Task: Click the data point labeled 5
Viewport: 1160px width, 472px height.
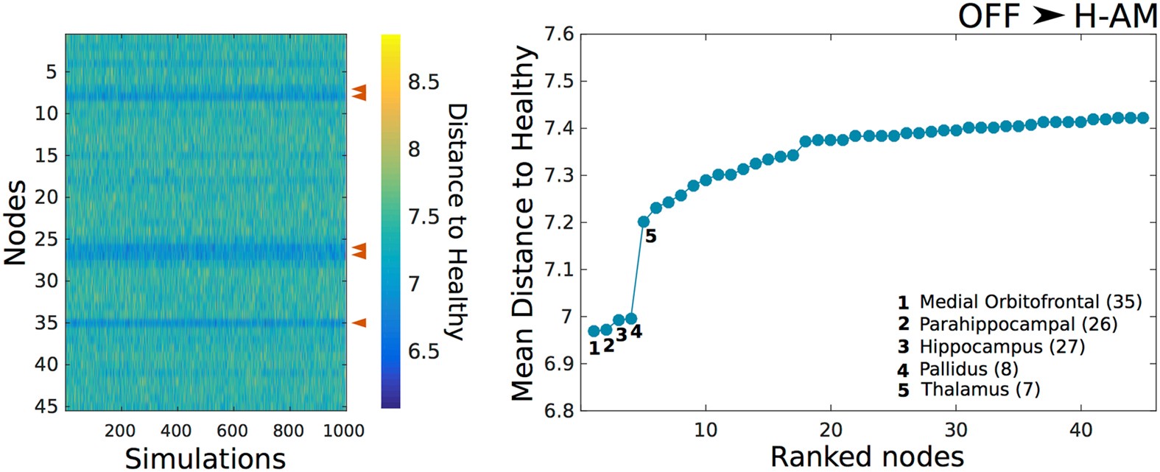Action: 643,222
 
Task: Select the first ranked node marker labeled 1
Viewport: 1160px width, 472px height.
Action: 594,331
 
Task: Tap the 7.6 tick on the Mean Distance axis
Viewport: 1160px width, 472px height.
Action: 558,35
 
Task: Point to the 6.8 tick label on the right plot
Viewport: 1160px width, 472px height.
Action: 558,411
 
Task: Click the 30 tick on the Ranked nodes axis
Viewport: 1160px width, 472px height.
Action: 956,429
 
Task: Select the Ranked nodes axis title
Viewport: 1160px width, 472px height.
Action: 867,457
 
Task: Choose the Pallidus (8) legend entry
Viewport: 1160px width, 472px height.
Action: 969,368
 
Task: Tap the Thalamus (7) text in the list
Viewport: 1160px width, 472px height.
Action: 980,390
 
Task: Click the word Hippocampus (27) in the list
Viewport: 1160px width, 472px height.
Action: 1002,346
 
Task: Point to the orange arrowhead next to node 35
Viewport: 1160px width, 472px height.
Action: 359,323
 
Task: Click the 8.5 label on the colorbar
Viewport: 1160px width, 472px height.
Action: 423,82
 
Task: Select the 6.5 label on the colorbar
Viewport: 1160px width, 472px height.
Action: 423,351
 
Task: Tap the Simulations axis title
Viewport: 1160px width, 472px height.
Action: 205,457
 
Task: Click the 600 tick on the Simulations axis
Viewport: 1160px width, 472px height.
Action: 232,431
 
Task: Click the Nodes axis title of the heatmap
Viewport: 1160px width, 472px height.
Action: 15,222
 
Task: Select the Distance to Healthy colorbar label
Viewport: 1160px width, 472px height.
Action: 457,222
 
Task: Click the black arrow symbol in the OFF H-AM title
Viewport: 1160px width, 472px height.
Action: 1048,15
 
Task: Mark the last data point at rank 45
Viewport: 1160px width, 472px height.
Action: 1142,118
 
